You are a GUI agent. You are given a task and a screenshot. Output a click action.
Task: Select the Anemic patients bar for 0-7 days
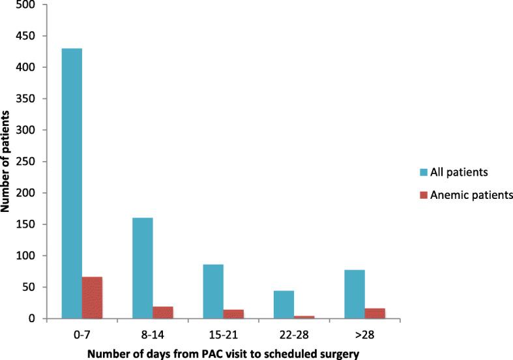(x=93, y=297)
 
